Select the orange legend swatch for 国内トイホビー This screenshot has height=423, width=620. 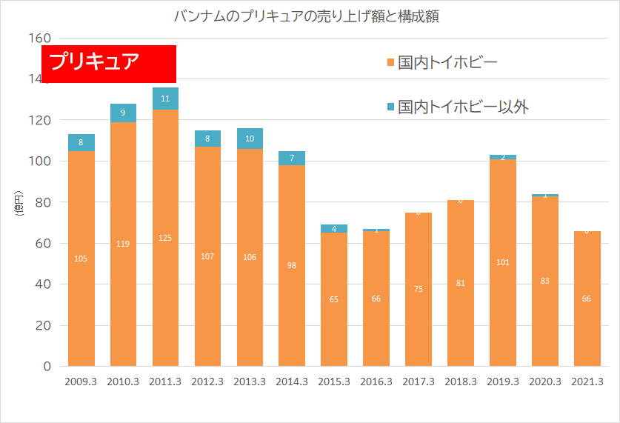tap(390, 63)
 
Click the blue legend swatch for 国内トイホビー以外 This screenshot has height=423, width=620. tap(390, 107)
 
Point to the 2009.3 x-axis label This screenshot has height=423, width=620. tap(81, 382)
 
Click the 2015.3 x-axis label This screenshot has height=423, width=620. tap(334, 382)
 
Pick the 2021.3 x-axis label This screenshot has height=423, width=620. tap(587, 382)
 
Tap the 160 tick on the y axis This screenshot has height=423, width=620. tap(39, 39)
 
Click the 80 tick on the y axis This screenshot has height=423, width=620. tap(41, 202)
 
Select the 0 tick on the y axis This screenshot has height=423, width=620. tap(46, 366)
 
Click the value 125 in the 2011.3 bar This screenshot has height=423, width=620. tap(165, 238)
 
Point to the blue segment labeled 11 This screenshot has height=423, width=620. tap(165, 99)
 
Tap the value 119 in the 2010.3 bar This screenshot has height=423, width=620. tap(123, 244)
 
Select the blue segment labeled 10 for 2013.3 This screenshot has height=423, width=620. tap(250, 139)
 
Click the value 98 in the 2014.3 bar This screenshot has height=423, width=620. tap(292, 265)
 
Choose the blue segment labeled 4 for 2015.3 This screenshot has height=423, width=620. tap(334, 228)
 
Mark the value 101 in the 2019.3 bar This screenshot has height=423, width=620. tap(502, 262)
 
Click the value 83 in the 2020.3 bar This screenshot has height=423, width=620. tap(544, 281)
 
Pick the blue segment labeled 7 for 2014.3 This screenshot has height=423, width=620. tap(292, 158)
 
